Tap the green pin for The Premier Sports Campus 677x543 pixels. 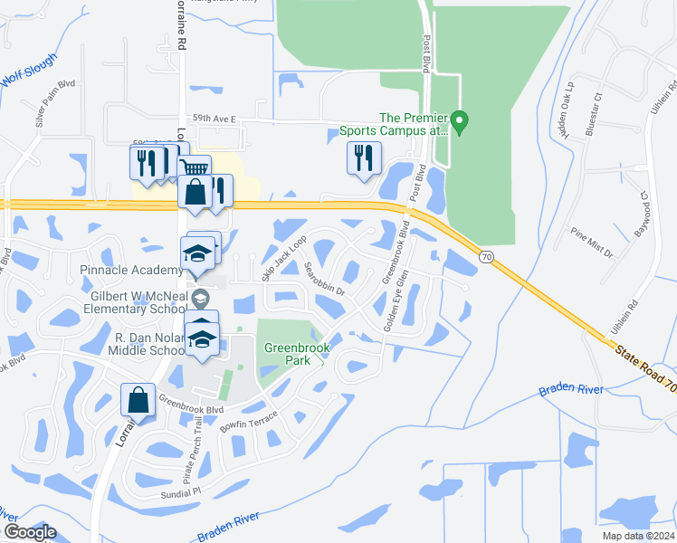459,121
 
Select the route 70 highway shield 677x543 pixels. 486,258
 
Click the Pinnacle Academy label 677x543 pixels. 131,271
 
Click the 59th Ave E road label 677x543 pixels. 214,119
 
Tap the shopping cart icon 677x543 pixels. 195,168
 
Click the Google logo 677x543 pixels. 30,532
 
